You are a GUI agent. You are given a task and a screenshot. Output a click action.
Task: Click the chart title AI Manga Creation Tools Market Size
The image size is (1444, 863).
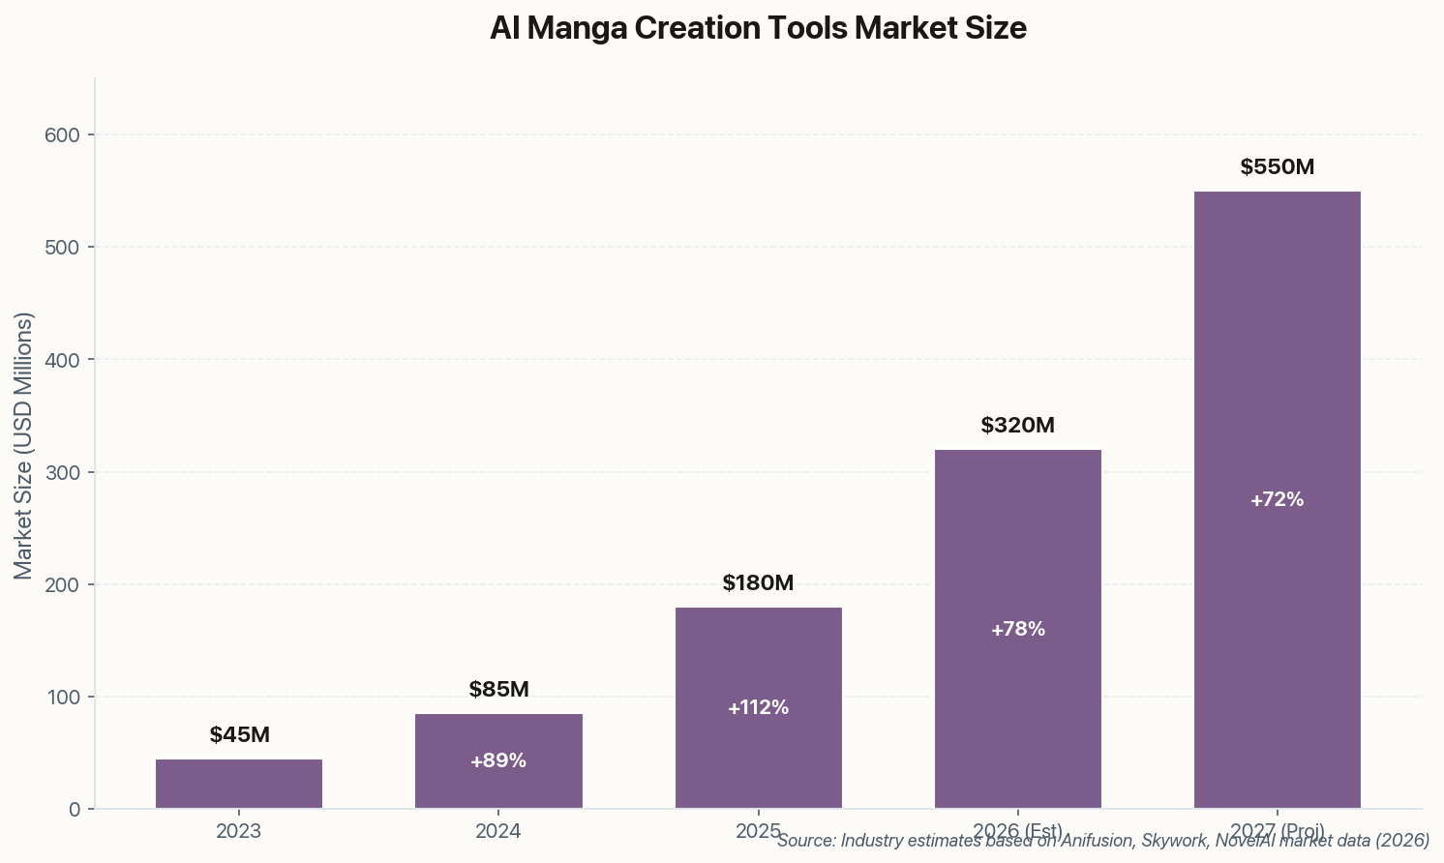pos(758,28)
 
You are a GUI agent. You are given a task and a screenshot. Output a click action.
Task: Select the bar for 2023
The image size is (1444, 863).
pos(239,784)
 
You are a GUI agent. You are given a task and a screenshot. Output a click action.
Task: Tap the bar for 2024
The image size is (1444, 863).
pos(498,735)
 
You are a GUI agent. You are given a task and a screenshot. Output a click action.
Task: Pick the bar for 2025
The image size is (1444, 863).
pos(758,658)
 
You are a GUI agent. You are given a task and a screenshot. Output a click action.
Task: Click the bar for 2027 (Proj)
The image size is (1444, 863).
pos(1277,387)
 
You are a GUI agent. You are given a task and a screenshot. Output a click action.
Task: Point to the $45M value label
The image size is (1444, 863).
pos(239,735)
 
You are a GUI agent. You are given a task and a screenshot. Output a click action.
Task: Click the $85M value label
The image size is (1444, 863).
pos(498,690)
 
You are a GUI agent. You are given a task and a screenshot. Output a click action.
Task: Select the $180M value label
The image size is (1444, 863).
pos(758,583)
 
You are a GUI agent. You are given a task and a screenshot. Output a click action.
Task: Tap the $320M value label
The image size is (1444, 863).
pos(1017,426)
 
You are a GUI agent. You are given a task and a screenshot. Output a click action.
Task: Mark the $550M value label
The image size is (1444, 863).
pos(1277,167)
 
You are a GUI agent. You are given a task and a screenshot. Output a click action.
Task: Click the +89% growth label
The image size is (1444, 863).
pos(498,761)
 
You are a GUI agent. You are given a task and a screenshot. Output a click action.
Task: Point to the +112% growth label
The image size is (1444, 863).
pos(758,708)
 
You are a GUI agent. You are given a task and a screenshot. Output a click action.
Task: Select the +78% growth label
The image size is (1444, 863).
pos(1017,630)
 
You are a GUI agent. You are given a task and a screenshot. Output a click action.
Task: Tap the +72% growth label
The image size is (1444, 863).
pos(1277,500)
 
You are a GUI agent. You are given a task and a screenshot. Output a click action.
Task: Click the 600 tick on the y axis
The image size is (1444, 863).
pos(62,134)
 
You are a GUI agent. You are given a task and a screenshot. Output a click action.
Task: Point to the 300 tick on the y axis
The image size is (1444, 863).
pos(62,472)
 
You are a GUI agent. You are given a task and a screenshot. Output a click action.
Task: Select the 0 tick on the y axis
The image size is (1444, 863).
pos(75,810)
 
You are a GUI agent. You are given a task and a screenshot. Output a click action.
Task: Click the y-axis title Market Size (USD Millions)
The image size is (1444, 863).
pos(24,445)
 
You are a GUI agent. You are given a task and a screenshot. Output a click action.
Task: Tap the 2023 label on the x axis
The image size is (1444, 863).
pos(239,831)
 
